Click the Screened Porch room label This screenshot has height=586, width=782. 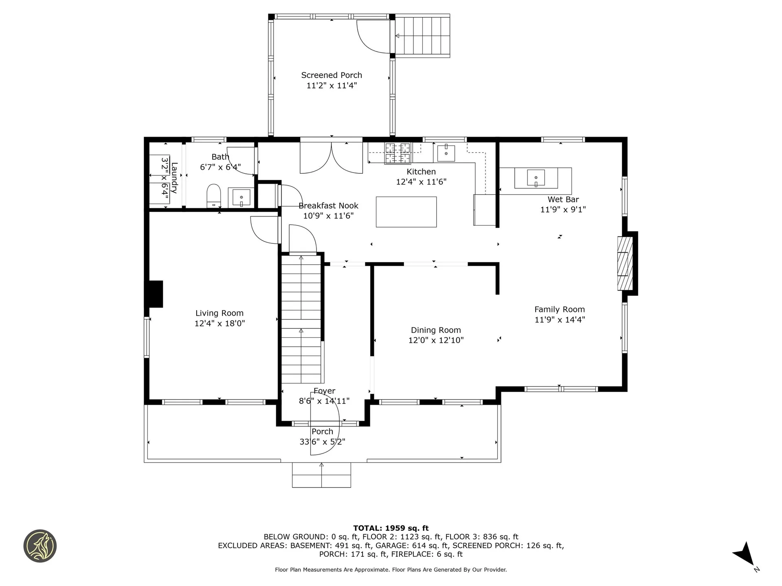[331, 75]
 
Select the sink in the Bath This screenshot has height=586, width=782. [241, 198]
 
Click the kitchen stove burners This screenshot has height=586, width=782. [398, 153]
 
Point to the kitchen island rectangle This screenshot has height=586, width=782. [406, 212]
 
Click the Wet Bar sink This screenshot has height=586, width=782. [536, 178]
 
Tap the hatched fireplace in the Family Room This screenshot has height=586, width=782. [625, 263]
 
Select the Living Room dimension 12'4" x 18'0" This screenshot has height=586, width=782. [220, 324]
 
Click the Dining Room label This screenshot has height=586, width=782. [436, 330]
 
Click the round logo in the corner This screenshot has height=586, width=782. [40, 546]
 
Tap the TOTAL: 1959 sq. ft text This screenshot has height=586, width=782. [391, 528]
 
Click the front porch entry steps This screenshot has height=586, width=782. [321, 475]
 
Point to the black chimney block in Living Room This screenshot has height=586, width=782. [156, 293]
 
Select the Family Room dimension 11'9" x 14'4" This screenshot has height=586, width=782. [560, 320]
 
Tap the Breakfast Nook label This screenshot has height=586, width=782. [328, 206]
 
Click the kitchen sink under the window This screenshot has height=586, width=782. [446, 153]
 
